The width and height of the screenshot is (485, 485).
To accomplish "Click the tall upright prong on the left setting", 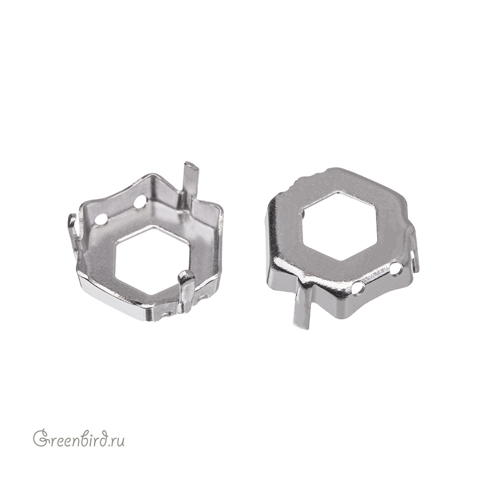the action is point(189,179).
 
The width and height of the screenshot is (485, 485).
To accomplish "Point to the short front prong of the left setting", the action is point(187,289).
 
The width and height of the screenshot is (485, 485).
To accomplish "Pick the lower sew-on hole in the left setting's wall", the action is point(101,220).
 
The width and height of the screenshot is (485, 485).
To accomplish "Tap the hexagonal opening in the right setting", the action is point(339,229).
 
